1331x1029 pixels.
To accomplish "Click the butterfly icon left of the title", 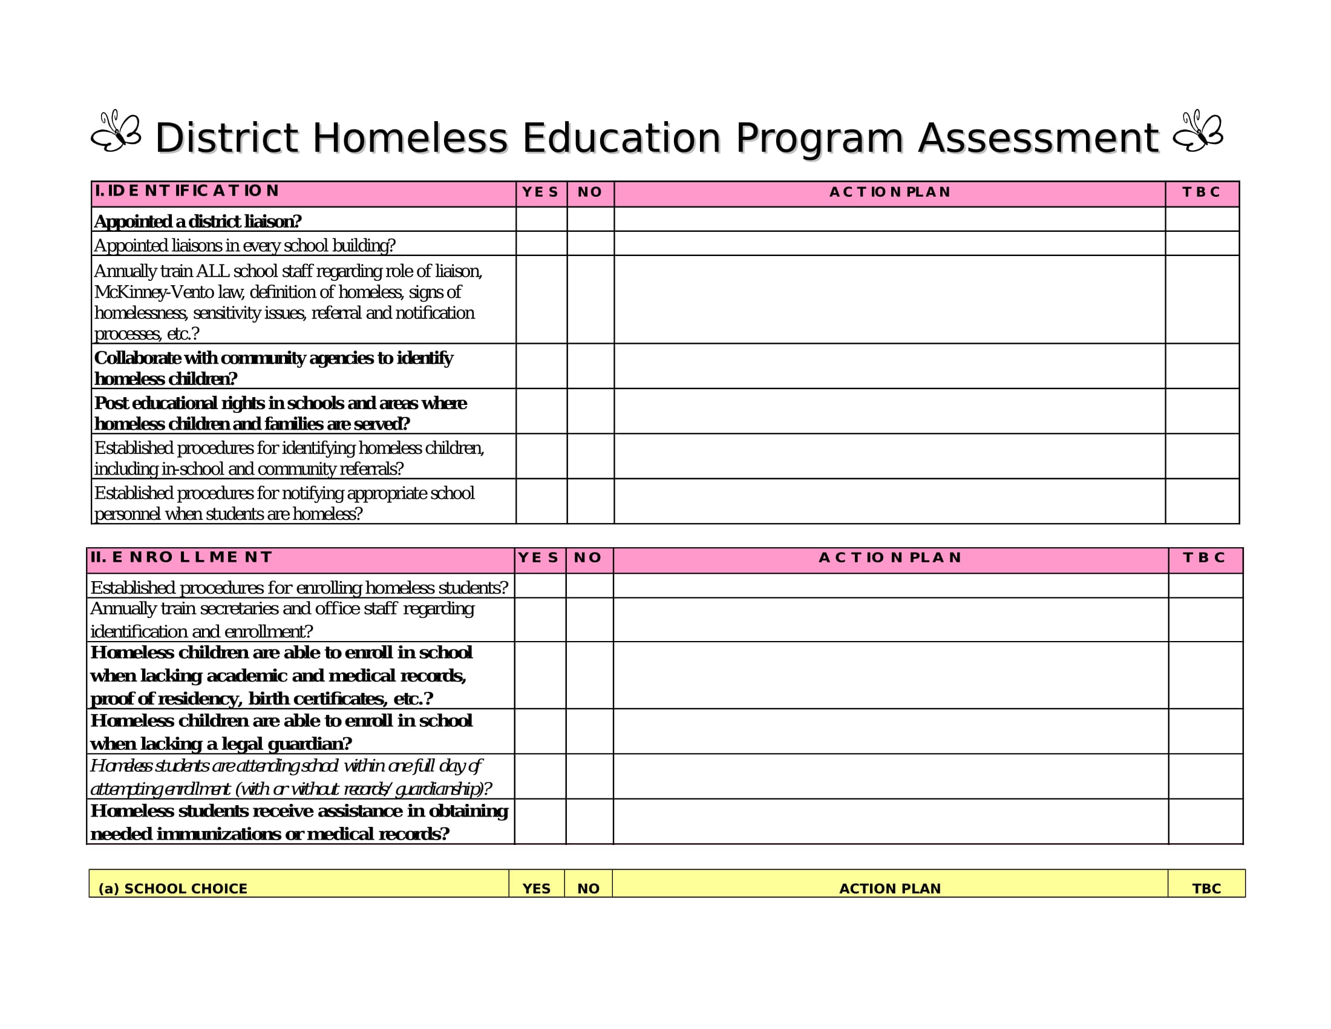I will [116, 131].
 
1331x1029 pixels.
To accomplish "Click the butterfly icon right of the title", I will [1197, 131].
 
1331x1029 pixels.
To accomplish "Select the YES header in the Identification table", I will [540, 192].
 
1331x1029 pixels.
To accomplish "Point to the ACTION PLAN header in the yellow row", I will [890, 888].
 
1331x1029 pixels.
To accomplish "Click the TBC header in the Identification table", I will [1201, 192].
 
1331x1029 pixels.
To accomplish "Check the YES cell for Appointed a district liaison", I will [541, 220].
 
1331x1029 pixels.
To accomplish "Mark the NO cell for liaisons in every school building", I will [590, 244].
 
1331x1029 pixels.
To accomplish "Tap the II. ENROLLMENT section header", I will [181, 556].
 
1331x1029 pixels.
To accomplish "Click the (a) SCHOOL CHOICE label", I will [172, 888].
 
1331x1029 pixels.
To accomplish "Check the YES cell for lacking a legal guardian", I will [540, 731].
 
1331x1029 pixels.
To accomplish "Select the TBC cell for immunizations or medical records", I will [1205, 821].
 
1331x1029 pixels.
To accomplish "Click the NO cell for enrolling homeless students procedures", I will [589, 586].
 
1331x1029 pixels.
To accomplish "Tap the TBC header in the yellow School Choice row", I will [1206, 888].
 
